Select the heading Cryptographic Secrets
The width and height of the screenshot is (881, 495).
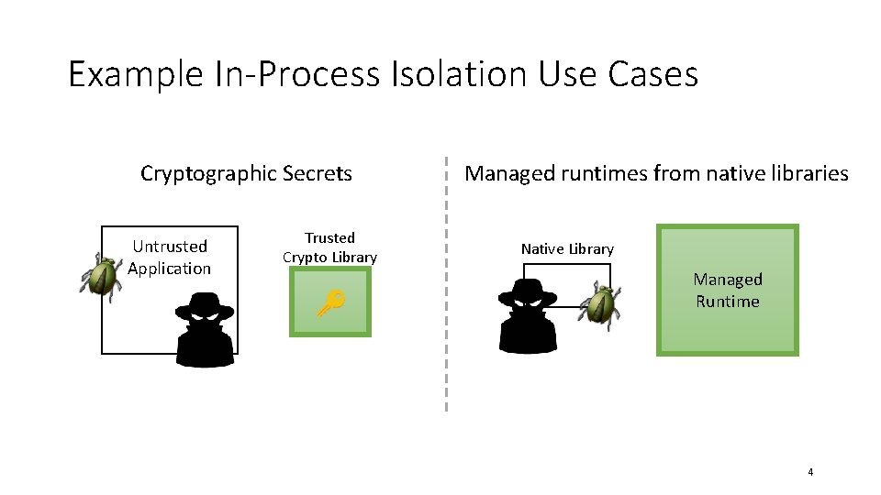pyautogui.click(x=246, y=173)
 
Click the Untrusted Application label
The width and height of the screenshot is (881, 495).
pyautogui.click(x=170, y=258)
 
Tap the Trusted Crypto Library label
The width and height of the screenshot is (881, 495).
pyautogui.click(x=329, y=247)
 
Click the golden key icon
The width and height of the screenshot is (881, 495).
pyautogui.click(x=330, y=303)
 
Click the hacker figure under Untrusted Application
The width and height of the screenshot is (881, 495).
pyautogui.click(x=206, y=332)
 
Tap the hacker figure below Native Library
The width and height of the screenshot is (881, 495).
pyautogui.click(x=528, y=317)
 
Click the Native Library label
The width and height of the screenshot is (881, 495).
pyautogui.click(x=567, y=249)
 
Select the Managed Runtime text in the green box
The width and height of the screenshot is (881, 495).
pyautogui.click(x=728, y=290)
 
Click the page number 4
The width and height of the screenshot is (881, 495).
pyautogui.click(x=810, y=472)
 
